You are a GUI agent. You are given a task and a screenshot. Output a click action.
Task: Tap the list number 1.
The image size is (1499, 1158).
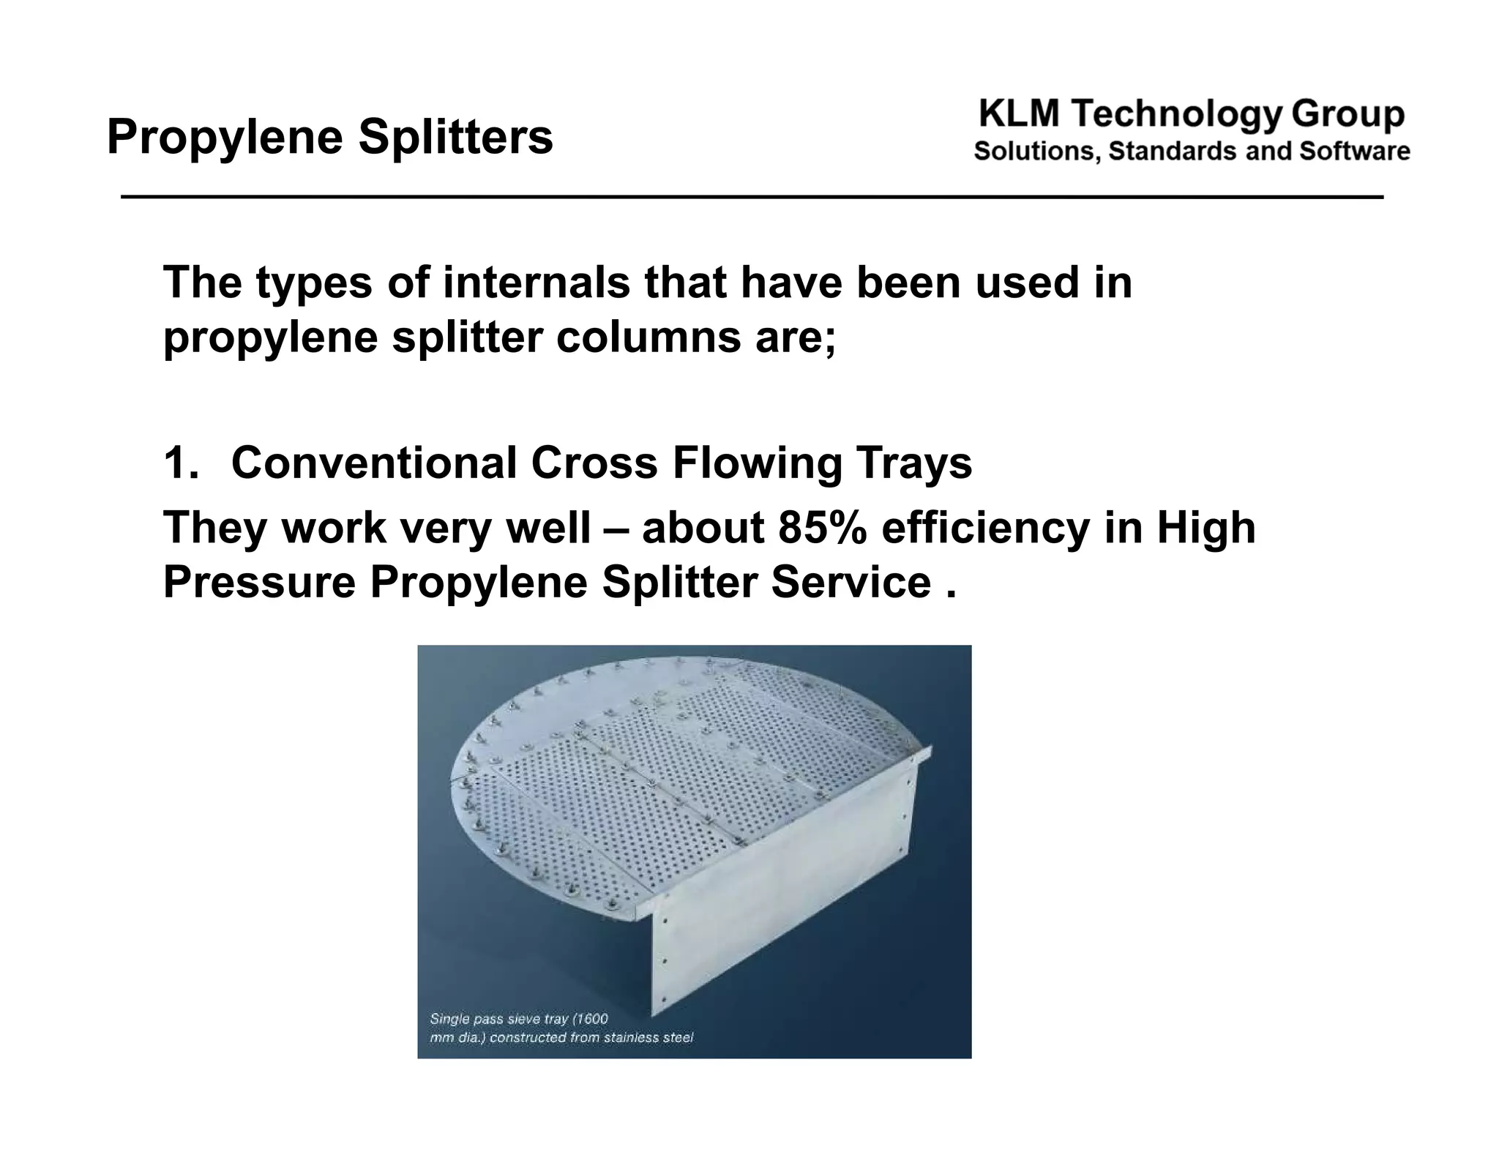(x=179, y=463)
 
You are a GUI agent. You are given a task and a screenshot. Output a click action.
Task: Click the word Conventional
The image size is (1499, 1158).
(x=373, y=463)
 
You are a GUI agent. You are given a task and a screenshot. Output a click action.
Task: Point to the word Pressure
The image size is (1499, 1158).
(x=259, y=583)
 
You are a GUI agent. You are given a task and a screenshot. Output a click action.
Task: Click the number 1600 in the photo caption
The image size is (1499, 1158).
(x=589, y=1019)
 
